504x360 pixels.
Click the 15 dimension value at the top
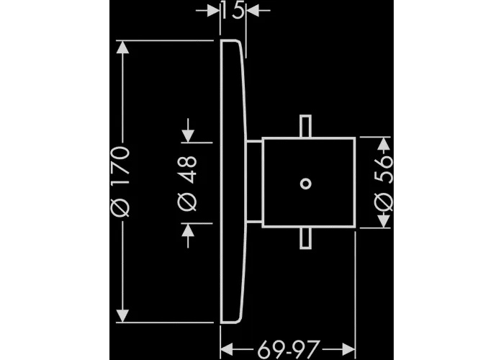pos(233,12)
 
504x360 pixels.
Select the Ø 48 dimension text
pos(187,184)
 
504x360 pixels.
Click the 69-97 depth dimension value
pos(288,349)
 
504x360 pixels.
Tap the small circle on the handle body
pos(305,184)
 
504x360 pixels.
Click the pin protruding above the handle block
pos(305,127)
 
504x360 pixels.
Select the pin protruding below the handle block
pos(305,238)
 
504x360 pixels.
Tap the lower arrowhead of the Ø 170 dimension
pos(123,316)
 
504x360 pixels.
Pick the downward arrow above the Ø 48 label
pos(188,130)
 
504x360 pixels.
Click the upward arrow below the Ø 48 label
pos(188,235)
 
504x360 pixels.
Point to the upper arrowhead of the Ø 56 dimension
pos(384,143)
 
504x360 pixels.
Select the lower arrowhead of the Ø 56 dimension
pos(384,221)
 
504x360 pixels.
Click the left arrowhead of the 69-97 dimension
pos(227,349)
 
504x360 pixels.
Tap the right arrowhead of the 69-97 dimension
pos(348,349)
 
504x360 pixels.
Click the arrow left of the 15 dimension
pos(208,11)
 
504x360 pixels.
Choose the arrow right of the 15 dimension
pos(258,11)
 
